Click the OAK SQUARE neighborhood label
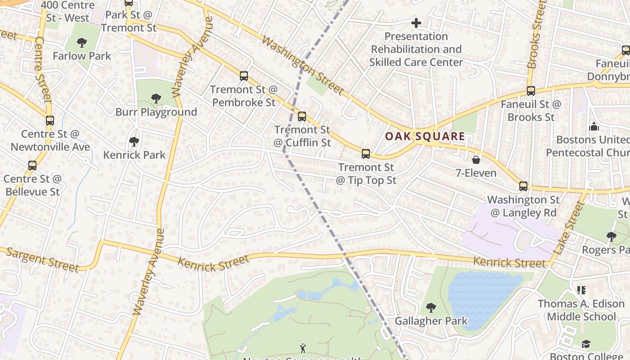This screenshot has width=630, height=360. pos(425,136)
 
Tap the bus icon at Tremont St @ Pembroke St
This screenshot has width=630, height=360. pos(244,76)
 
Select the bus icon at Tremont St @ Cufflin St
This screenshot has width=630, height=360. pos(302,117)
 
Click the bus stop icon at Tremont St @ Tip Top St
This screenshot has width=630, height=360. pos(366,154)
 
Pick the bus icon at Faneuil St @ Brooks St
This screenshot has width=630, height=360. pos(531,91)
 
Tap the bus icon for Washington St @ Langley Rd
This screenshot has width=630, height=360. pos(523,186)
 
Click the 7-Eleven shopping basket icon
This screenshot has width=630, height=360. pos(476,160)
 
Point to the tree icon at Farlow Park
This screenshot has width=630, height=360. pos(82,43)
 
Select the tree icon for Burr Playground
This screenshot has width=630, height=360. pos(156,98)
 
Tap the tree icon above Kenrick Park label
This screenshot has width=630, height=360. pos(134,142)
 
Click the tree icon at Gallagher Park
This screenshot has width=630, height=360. pos(431,308)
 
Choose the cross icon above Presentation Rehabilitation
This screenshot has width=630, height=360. pos(416,22)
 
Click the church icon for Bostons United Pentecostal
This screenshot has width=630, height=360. pos(594,126)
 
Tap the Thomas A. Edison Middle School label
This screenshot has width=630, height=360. pos(581,310)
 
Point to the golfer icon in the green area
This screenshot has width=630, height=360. pos(303,348)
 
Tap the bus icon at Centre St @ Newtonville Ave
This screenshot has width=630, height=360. pos(50,121)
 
